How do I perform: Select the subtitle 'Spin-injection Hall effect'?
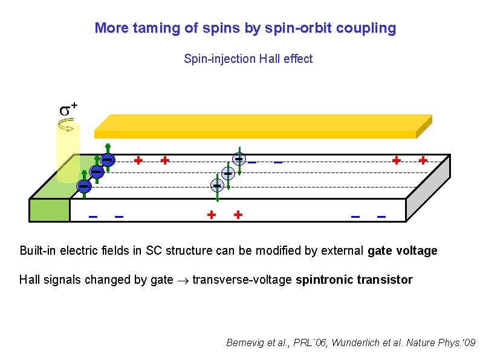point(248,59)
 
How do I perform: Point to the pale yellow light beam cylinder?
point(67,151)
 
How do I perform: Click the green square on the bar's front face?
point(49,210)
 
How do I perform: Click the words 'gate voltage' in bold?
point(402,250)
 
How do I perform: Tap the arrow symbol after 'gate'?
point(183,280)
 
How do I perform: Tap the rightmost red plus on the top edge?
point(423,160)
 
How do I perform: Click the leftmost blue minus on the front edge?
point(93,215)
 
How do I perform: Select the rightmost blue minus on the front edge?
point(381,215)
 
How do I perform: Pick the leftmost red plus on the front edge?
point(212,214)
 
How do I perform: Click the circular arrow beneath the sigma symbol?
point(66,125)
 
